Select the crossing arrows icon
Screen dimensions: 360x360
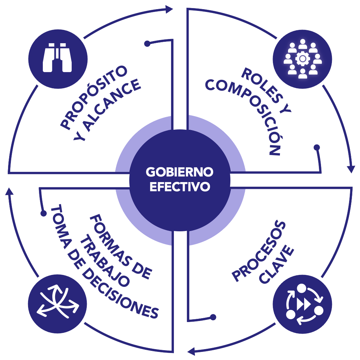coord(57,302)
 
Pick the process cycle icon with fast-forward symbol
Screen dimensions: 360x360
coord(302,302)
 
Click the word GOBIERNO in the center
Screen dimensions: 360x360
coord(180,172)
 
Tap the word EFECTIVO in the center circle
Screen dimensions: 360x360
coord(180,186)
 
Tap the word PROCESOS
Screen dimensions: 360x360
coord(259,251)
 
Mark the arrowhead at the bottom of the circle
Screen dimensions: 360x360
coord(191,351)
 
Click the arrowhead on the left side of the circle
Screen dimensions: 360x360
coord(9,192)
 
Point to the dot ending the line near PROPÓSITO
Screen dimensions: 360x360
coord(148,44)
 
